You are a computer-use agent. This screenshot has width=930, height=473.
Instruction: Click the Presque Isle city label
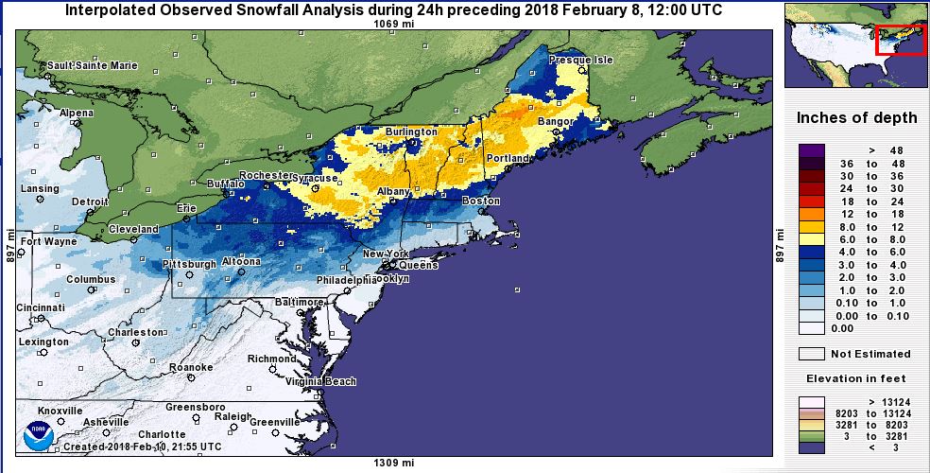(581, 60)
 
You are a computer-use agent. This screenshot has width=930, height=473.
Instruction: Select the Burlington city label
(411, 131)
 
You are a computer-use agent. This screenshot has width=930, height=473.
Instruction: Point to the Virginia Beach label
(321, 382)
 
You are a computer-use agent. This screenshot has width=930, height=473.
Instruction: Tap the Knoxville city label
(60, 411)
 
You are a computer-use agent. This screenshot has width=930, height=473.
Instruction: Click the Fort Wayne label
(46, 241)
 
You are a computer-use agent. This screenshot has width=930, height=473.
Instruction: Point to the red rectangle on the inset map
(901, 40)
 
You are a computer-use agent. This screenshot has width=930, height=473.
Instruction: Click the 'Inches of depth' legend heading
(856, 118)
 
